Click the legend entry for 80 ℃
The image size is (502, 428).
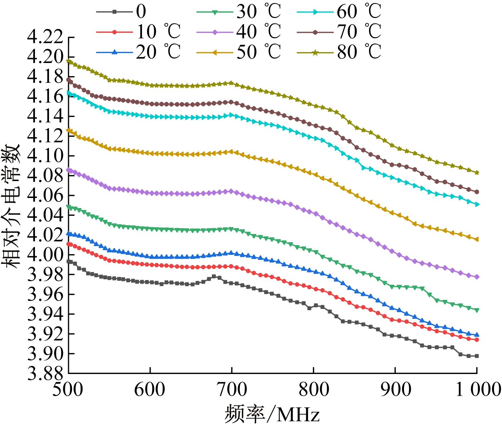pos(339,52)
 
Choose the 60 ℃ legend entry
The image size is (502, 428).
pos(339,12)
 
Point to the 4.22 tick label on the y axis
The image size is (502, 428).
pos(45,37)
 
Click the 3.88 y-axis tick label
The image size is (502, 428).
pos(45,374)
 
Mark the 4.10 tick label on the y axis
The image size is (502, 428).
pos(45,156)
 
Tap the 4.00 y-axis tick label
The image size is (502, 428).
pos(45,255)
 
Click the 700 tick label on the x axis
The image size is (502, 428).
pos(232,390)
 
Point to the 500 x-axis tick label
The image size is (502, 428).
pos(68,390)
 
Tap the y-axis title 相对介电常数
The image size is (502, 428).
pos(11,206)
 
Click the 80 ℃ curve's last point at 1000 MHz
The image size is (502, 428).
pos(477,172)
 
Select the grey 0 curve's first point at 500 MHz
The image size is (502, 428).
pos(69,262)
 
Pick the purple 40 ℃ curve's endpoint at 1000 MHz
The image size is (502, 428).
pos(477,277)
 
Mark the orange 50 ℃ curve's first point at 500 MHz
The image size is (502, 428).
pos(69,130)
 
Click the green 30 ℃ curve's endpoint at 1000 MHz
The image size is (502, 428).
pos(477,310)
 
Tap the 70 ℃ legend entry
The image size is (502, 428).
pos(339,32)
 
